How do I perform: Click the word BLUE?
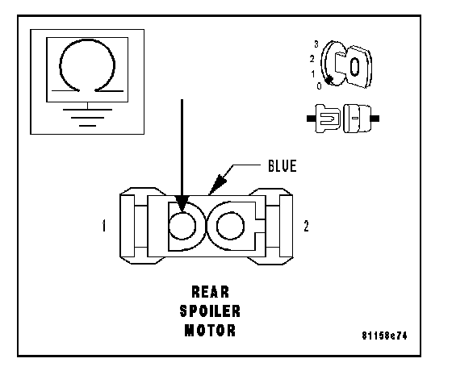tap(282, 166)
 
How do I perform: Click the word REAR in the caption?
tap(210, 292)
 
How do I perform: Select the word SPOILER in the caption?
tap(210, 311)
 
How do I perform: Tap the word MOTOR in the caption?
tap(210, 331)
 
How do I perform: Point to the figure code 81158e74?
tap(384, 336)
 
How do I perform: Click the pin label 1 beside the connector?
tap(104, 226)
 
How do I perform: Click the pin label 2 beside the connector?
tap(306, 226)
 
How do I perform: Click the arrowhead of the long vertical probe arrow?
tap(182, 204)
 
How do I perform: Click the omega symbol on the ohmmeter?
tap(87, 65)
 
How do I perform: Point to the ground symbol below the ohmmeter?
tap(87, 118)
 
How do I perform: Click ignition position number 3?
tap(316, 44)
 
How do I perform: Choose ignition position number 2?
tap(312, 59)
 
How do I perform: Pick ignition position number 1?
tap(313, 74)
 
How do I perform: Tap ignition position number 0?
tap(319, 85)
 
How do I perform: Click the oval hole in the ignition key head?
tap(354, 66)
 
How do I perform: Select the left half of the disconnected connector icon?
tap(324, 119)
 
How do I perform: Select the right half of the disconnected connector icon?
tap(361, 119)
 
